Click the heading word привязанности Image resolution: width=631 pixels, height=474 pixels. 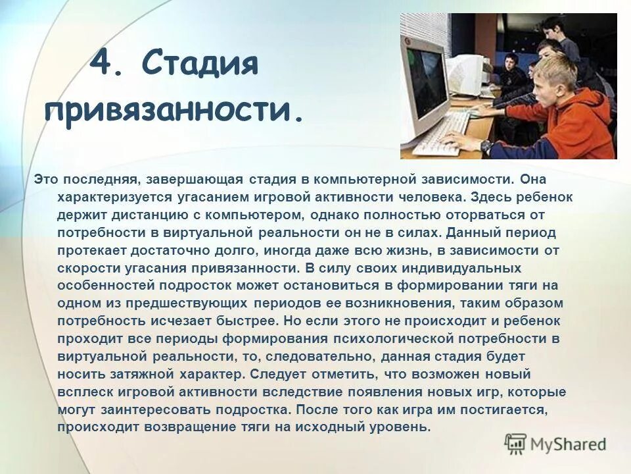pyautogui.click(x=174, y=111)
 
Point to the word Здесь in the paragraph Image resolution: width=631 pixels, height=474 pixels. pyautogui.click(x=478, y=197)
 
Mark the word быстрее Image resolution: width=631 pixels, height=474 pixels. pyautogui.click(x=246, y=321)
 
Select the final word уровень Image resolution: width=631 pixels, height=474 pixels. pyautogui.click(x=400, y=427)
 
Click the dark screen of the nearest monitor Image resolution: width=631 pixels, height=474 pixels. pyautogui.click(x=426, y=82)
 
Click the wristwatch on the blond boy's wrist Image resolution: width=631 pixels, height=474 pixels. pyautogui.click(x=486, y=146)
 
